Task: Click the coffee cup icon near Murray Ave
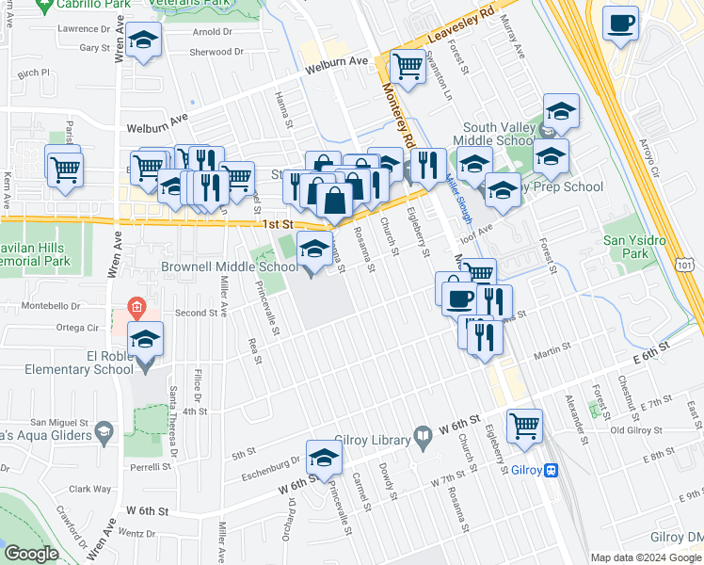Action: pyautogui.click(x=620, y=24)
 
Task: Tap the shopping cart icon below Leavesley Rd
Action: pyautogui.click(x=407, y=65)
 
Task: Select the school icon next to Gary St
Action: pyautogui.click(x=143, y=41)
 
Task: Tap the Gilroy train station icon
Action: pyautogui.click(x=552, y=471)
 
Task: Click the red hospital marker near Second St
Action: pyautogui.click(x=136, y=307)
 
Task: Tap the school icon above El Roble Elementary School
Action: pyautogui.click(x=145, y=340)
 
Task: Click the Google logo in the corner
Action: pyautogui.click(x=32, y=554)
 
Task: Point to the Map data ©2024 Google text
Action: pyautogui.click(x=646, y=557)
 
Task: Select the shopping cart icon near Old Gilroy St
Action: pyautogui.click(x=523, y=424)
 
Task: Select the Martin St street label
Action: pyautogui.click(x=552, y=353)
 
